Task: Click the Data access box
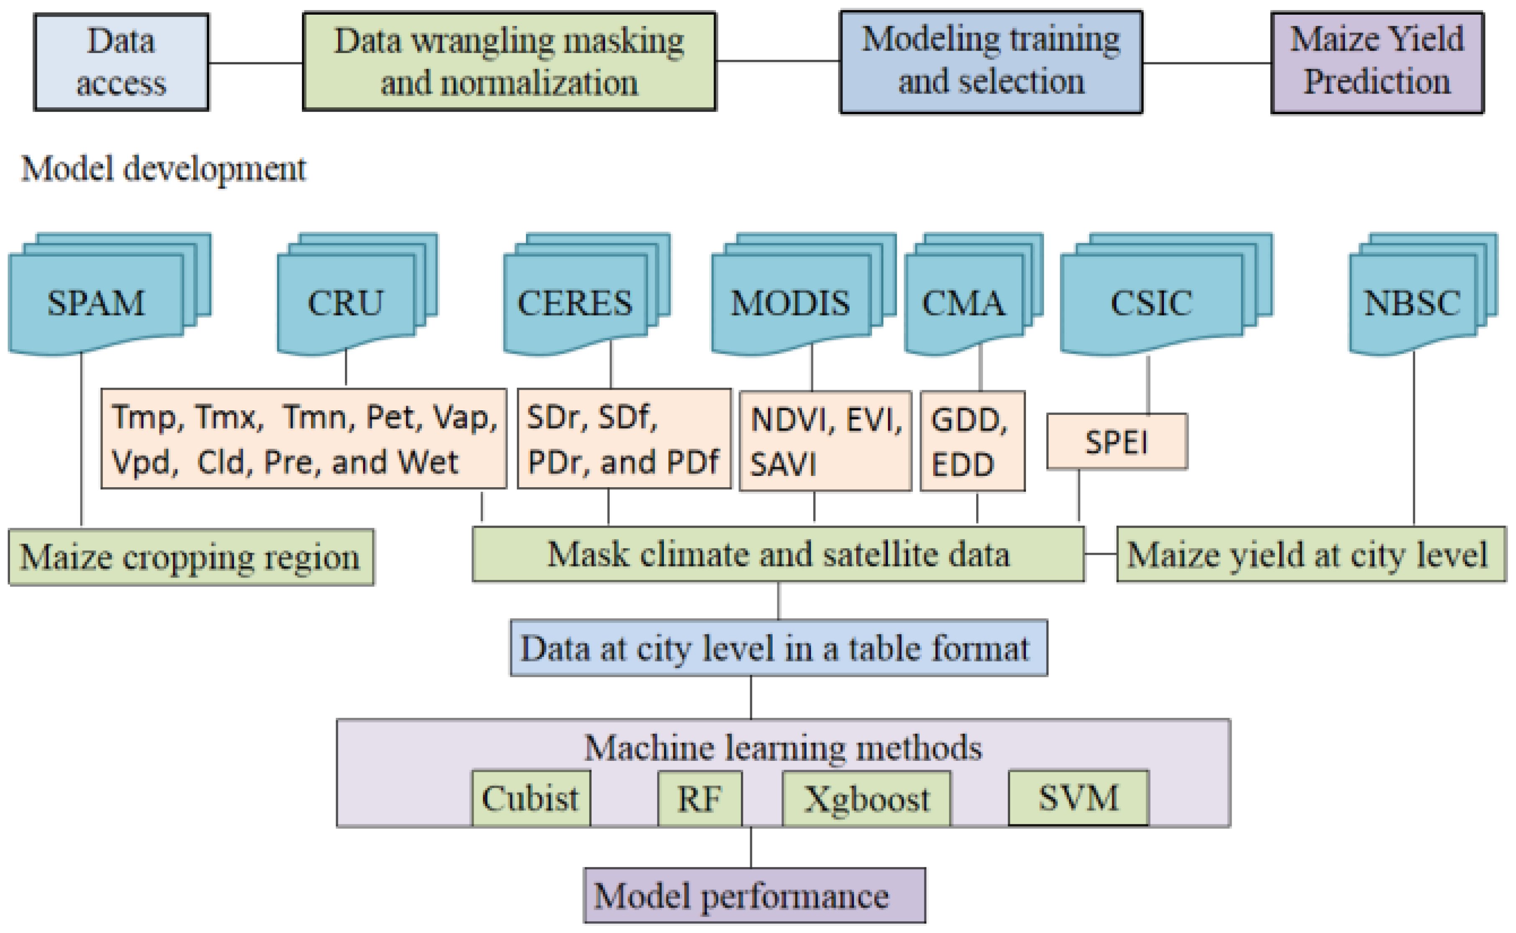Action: [x=121, y=62]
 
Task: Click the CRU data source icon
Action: [x=346, y=303]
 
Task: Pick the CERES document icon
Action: [x=575, y=303]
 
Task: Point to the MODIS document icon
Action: [x=791, y=303]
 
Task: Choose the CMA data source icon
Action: [x=964, y=303]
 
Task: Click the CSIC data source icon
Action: [x=1152, y=303]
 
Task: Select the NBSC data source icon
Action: [x=1412, y=303]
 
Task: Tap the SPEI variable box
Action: [x=1117, y=442]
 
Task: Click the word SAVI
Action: [x=783, y=465]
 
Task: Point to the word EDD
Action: [x=962, y=465]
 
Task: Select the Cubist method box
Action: [x=531, y=798]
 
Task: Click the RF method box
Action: [x=699, y=798]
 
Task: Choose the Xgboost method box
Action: [x=867, y=798]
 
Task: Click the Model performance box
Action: [x=754, y=895]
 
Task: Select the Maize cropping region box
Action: [x=191, y=557]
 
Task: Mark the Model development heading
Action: [x=163, y=168]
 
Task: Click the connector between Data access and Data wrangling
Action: [x=255, y=62]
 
